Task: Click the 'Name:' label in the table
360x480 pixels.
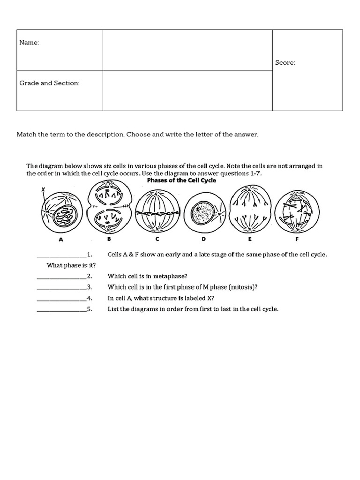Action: tap(29, 43)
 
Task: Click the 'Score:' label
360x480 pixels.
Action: tap(285, 62)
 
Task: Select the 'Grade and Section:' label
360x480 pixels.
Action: tap(49, 83)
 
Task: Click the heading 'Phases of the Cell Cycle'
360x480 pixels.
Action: tap(182, 180)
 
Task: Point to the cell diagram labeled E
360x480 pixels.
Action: tap(250, 210)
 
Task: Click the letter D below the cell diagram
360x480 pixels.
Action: tap(203, 239)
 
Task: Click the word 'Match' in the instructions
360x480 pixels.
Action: tap(26, 135)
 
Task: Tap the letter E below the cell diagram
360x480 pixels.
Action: tap(250, 239)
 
